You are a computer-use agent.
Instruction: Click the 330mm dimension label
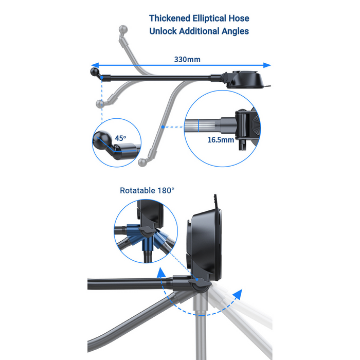click(x=187, y=60)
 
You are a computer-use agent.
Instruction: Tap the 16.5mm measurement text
click(x=221, y=140)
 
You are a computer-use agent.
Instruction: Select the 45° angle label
click(x=120, y=138)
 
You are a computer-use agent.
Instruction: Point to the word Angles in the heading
click(x=235, y=31)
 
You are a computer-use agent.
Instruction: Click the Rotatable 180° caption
click(x=147, y=190)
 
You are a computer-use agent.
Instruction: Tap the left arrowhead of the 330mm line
click(x=95, y=65)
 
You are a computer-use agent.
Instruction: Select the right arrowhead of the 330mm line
click(x=267, y=65)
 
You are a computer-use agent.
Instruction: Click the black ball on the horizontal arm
click(x=94, y=71)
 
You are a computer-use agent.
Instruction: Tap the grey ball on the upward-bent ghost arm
click(x=123, y=30)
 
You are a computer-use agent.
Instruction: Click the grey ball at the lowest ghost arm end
click(x=142, y=163)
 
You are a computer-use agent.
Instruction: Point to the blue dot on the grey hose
click(x=163, y=127)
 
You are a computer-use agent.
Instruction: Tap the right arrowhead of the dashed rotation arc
click(x=238, y=294)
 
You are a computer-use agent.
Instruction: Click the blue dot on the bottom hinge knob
click(x=197, y=279)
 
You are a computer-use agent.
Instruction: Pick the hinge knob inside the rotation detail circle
click(x=146, y=230)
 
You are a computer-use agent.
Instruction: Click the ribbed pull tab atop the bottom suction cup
click(x=215, y=202)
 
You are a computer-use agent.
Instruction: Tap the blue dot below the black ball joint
click(x=102, y=78)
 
